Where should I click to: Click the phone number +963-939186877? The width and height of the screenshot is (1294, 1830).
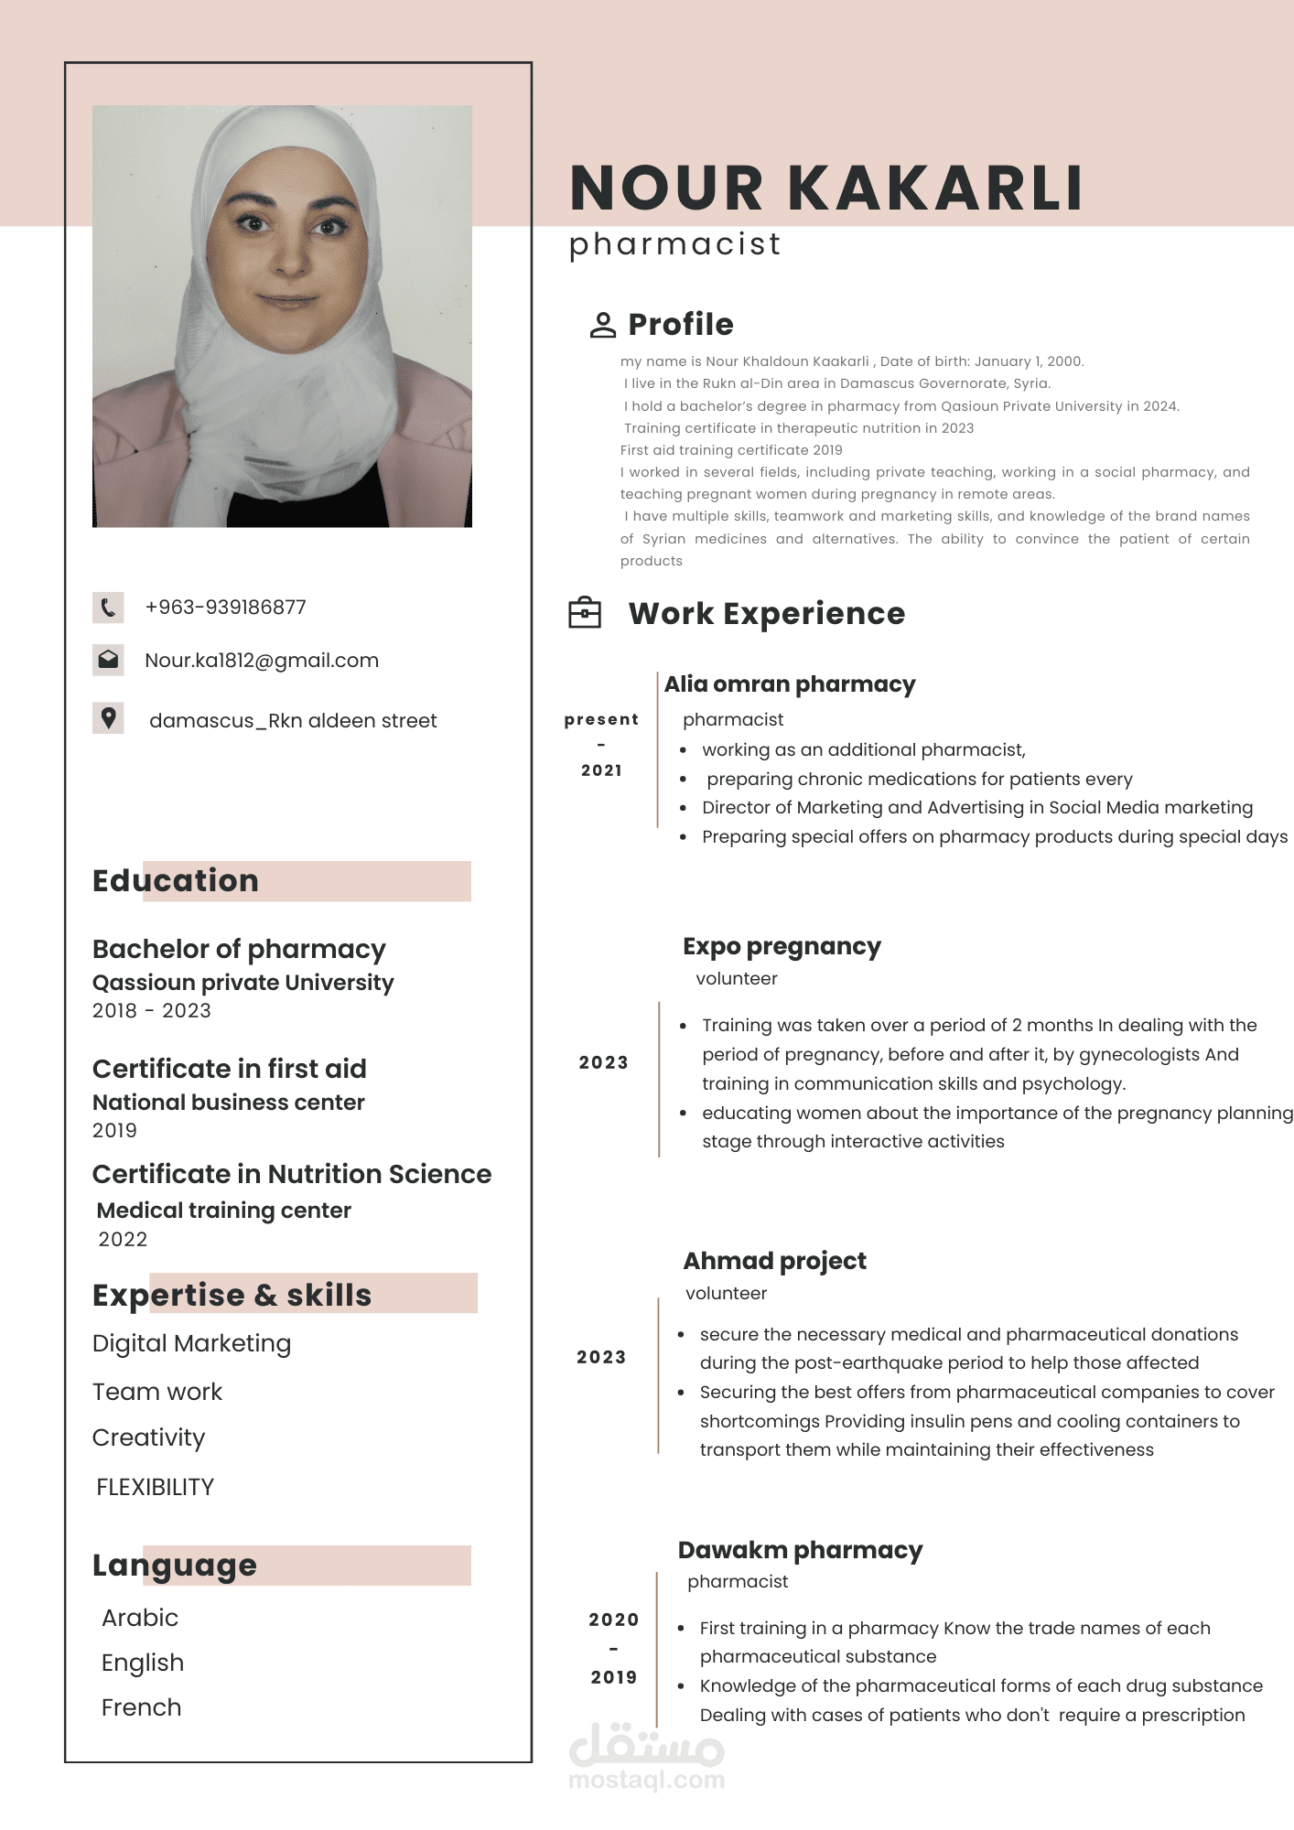coord(225,608)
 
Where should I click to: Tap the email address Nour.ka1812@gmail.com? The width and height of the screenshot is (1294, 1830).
coord(261,661)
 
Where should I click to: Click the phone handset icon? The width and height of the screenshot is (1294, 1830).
coord(108,608)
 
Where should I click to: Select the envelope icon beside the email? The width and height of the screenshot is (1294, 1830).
coord(108,660)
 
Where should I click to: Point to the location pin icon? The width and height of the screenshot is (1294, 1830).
coord(108,718)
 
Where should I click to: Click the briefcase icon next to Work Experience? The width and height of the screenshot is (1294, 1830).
coord(585,613)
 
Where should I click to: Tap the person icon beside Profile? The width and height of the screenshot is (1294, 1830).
coord(602,325)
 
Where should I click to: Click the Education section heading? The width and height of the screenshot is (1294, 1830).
coord(176,881)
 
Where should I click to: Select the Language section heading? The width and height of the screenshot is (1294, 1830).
coord(175,1566)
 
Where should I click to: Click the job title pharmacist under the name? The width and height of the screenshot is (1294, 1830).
coord(674,244)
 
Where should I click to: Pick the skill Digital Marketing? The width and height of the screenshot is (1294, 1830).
coord(191,1343)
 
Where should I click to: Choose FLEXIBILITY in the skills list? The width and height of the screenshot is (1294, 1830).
coord(155,1487)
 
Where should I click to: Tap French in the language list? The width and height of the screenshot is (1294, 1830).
coord(141,1707)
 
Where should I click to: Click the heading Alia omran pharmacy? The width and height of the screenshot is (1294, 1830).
coord(789,684)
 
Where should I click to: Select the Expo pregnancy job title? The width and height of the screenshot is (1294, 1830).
coord(782,946)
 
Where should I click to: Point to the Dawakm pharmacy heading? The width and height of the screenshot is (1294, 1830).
coord(800,1550)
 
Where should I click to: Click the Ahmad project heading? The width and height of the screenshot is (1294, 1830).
coord(774,1261)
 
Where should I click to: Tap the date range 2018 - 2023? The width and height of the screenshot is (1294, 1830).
coord(152,1011)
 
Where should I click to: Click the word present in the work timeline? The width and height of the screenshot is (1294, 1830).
coord(601,720)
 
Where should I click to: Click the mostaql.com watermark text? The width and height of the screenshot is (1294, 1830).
coord(646,1780)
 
